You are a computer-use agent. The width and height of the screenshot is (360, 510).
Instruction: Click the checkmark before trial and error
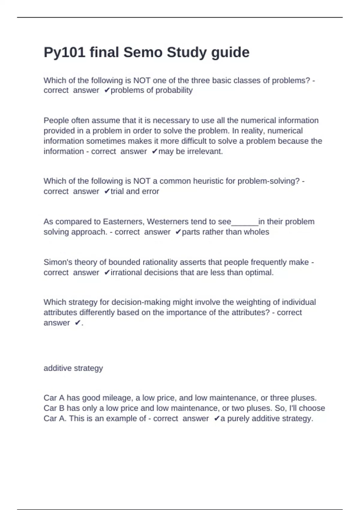tap(107, 191)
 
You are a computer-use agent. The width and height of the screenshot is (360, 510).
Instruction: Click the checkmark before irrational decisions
tap(107, 272)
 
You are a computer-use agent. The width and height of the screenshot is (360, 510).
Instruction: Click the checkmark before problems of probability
tap(107, 90)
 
